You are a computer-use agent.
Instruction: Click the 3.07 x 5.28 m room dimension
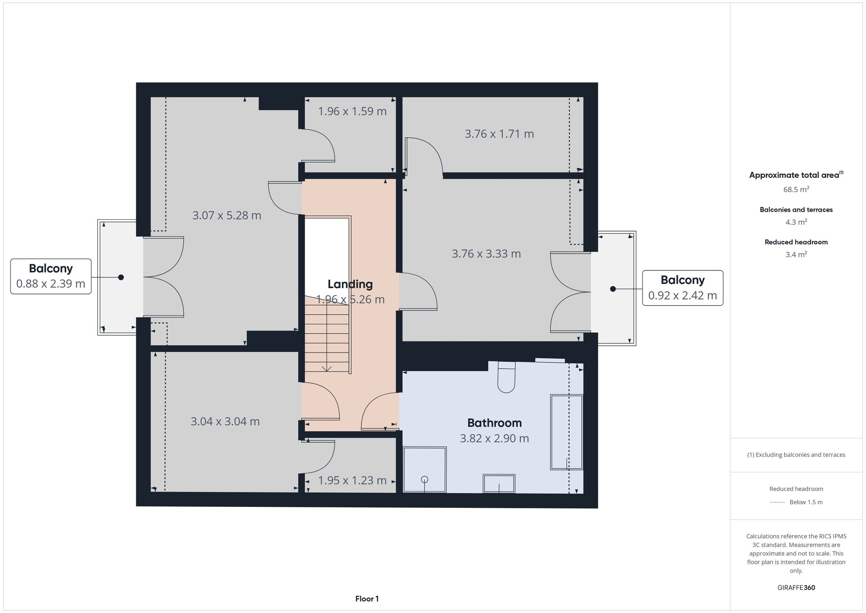point(227,215)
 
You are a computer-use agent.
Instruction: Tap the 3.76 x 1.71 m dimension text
point(499,134)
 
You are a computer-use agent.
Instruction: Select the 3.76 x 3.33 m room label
point(486,254)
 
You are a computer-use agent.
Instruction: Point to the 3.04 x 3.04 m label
point(225,422)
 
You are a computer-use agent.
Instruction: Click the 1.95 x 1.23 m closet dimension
point(352,480)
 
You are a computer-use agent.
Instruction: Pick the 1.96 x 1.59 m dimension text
point(352,111)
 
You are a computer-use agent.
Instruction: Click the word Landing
point(350,284)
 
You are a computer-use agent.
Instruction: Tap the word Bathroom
point(494,423)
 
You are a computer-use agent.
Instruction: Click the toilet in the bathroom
point(506,376)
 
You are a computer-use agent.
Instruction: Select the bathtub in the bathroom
point(567,432)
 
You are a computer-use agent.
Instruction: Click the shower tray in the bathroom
point(424,469)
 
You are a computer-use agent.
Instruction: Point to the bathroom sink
point(499,483)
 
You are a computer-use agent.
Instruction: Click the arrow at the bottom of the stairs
point(327,368)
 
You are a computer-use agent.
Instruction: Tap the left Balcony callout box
point(51,276)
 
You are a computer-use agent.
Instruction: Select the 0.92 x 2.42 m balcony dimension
point(682,296)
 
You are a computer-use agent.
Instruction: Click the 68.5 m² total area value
point(796,190)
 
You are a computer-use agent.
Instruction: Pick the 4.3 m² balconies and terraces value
point(796,222)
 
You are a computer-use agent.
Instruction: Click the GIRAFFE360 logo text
point(796,588)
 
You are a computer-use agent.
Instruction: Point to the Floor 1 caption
point(367,599)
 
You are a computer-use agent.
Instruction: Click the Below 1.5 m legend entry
point(806,502)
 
